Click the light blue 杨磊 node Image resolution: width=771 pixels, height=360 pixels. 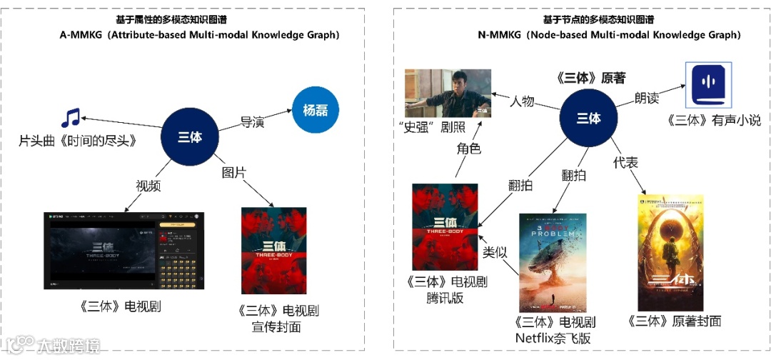(316, 111)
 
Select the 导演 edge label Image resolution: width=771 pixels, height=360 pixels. (252, 123)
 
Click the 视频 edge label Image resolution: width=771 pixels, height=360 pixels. (148, 186)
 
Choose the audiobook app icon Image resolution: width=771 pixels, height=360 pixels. (707, 83)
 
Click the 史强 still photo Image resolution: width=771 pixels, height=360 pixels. (448, 94)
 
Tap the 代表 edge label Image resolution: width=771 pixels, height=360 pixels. (625, 164)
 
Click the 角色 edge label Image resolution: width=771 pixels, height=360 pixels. (468, 149)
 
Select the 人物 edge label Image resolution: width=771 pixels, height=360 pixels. (521, 101)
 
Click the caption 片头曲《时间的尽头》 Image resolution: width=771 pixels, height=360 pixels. (76, 141)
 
